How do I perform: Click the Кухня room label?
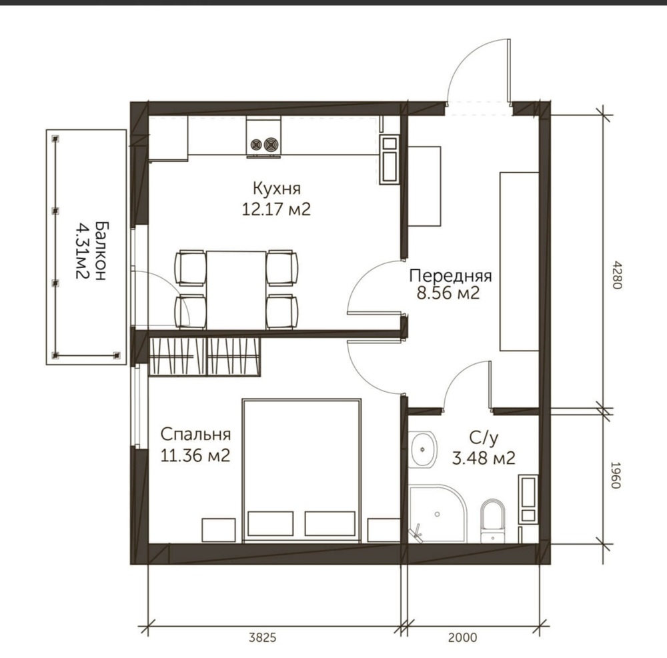coord(277,188)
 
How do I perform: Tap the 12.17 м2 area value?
coord(276,209)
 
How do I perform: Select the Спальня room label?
coord(195,435)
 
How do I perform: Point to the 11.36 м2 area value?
coord(195,456)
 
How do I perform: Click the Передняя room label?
coord(450,276)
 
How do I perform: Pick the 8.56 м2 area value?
coord(448,293)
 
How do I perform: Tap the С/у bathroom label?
coord(484,438)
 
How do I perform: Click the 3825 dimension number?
coord(262,637)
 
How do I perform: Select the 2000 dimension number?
coord(462,637)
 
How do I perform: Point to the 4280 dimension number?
coord(617,275)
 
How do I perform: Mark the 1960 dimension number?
coord(617,475)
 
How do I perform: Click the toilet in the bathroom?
coord(493,521)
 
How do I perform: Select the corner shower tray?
coord(438,513)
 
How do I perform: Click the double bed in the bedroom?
coord(301,471)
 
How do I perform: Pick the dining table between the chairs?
coord(236,290)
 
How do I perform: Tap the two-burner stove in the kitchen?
coord(263,138)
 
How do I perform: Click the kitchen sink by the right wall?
coord(390,160)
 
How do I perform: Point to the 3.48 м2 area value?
coord(484,458)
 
